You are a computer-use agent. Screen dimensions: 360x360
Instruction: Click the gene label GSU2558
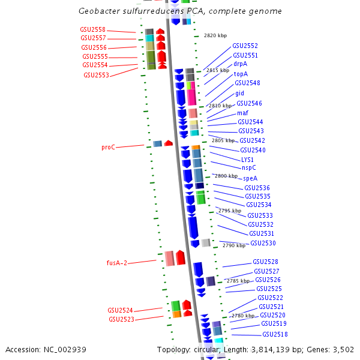(93, 29)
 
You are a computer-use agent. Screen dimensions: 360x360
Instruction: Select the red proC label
(108, 147)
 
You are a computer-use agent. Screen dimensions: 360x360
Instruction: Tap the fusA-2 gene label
(117, 263)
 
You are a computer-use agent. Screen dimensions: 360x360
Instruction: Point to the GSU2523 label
(121, 319)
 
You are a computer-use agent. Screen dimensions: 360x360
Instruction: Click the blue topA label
(241, 74)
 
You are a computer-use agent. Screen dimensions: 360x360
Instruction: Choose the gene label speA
(250, 178)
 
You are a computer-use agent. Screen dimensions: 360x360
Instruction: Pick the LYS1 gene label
(247, 160)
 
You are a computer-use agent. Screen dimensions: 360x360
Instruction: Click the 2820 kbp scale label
(215, 35)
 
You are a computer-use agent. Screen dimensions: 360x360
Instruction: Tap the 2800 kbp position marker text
(226, 176)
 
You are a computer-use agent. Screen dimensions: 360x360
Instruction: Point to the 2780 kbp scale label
(243, 316)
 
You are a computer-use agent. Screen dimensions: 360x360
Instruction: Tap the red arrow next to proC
(169, 143)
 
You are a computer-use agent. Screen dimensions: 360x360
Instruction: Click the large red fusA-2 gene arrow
(181, 257)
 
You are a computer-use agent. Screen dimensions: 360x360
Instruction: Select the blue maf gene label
(242, 113)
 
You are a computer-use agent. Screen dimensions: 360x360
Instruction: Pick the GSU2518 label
(275, 334)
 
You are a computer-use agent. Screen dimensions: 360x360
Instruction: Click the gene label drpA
(240, 64)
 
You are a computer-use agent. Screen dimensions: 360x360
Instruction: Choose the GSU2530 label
(263, 243)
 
